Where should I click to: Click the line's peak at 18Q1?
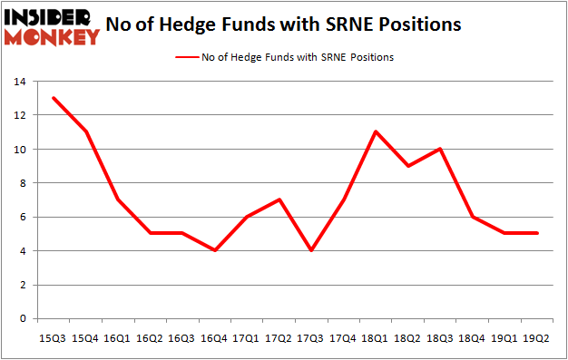click(375, 131)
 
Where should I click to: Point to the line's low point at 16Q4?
click(216, 250)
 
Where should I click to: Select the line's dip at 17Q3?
click(311, 250)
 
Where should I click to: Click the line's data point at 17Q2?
click(279, 199)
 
